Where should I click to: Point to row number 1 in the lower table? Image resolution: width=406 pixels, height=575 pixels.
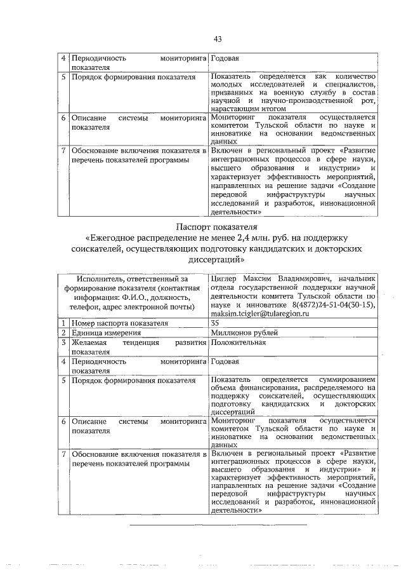click(63, 323)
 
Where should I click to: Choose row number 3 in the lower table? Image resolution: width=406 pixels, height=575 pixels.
click(63, 342)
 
